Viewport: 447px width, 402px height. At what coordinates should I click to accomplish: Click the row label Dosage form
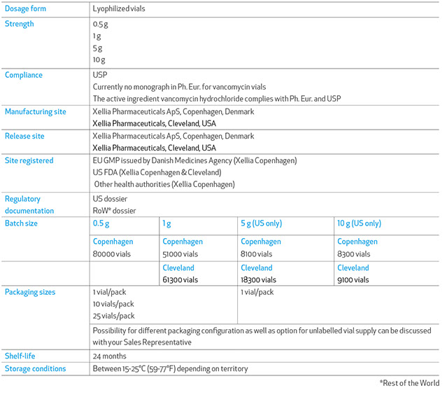[x=26, y=10]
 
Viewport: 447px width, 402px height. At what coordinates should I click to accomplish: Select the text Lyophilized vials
[x=119, y=10]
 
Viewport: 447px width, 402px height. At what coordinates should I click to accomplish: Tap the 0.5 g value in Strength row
[x=100, y=24]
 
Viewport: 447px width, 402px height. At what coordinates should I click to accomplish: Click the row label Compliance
[x=24, y=75]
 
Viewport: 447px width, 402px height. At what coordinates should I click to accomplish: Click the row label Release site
[x=24, y=136]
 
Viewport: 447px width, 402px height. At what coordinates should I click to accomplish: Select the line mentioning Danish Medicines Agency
[x=194, y=160]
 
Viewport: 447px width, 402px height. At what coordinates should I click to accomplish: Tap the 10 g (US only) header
[x=359, y=223]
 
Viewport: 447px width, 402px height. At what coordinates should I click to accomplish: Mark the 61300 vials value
[x=180, y=279]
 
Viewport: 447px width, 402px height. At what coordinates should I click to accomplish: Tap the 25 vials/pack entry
[x=113, y=317]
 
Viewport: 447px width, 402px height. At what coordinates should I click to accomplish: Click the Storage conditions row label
[x=35, y=368]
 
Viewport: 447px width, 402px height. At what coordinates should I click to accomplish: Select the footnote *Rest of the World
[x=409, y=383]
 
